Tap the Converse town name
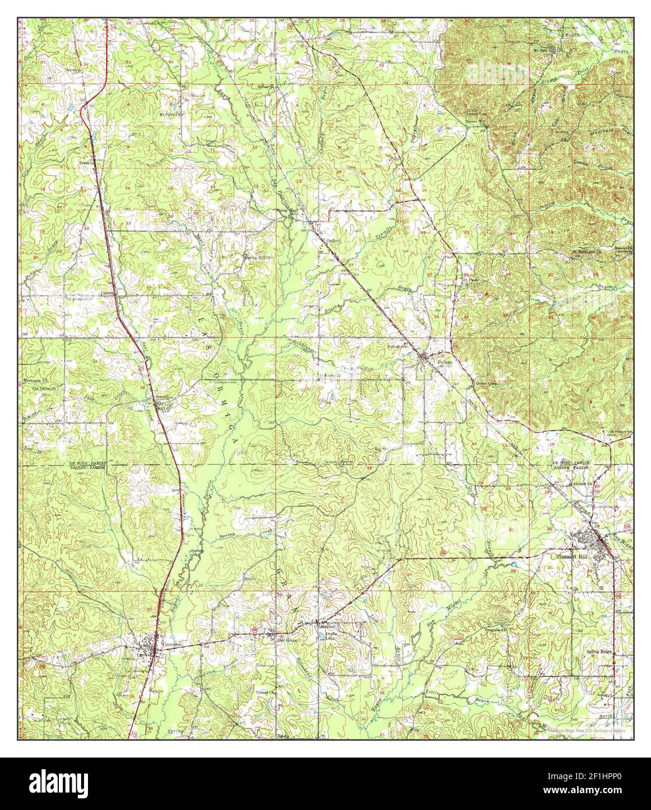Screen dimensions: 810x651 click(x=173, y=645)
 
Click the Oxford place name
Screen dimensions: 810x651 click(x=333, y=240)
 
